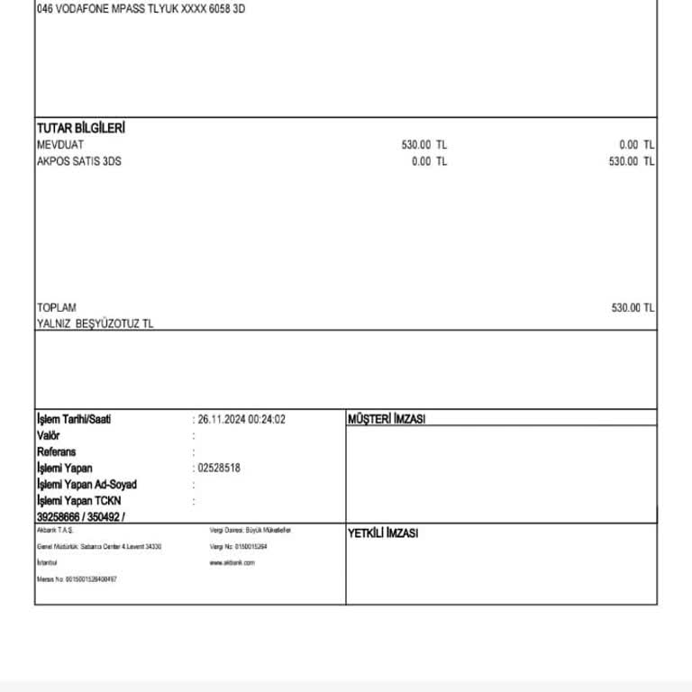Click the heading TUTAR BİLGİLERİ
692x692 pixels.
point(81,128)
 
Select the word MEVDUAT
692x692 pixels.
point(60,145)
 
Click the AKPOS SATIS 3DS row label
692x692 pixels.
point(79,161)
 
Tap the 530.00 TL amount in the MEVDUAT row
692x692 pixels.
point(423,145)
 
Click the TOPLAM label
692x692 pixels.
point(57,308)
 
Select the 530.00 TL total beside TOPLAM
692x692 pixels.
point(633,308)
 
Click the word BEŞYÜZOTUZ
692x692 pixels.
point(109,323)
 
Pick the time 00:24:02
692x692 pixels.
point(267,419)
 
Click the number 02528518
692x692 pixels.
point(219,469)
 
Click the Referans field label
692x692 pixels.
point(57,451)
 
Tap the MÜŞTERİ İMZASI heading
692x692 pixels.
point(387,419)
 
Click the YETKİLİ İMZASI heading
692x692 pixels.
point(383,533)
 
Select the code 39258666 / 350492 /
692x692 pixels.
point(81,517)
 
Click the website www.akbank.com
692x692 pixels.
point(232,562)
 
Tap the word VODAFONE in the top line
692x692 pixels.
point(83,9)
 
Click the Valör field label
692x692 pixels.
point(49,435)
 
